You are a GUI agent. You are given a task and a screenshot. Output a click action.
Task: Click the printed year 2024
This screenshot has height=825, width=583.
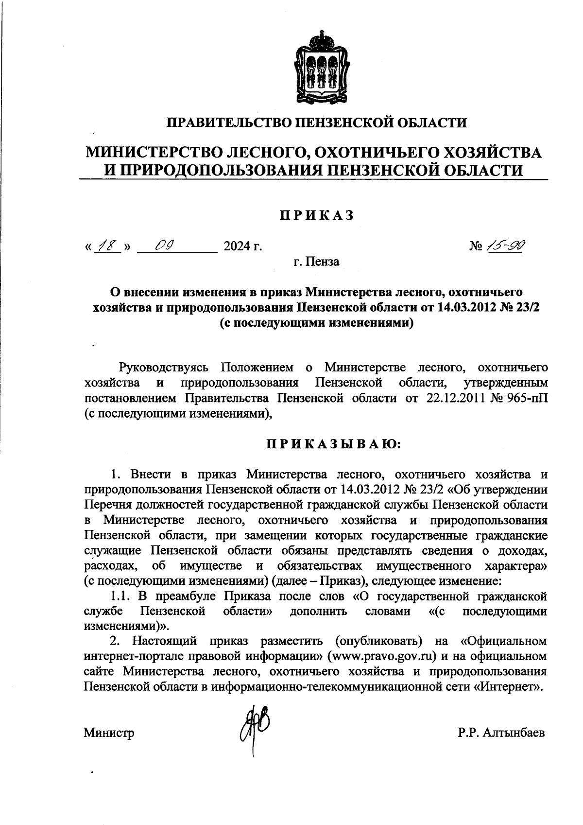point(237,247)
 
